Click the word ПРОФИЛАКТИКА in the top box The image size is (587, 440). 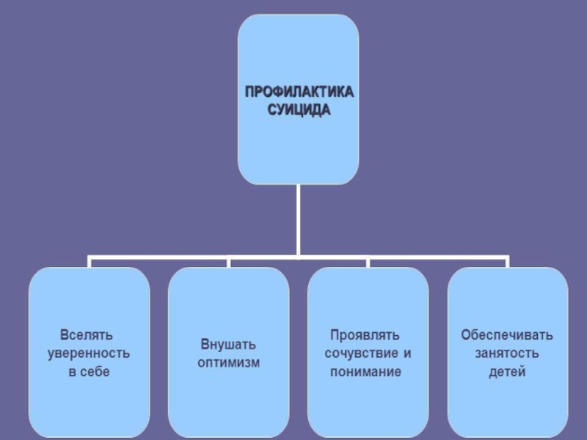(x=299, y=93)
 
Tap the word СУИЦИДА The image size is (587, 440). (x=299, y=111)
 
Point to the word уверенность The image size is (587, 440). (x=89, y=353)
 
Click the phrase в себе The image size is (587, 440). (x=89, y=371)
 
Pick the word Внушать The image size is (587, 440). (x=228, y=343)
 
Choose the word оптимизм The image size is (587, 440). (x=228, y=362)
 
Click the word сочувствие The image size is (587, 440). (x=358, y=353)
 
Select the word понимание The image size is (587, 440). (x=365, y=371)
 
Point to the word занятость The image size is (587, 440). (x=507, y=353)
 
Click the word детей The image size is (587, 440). (x=507, y=371)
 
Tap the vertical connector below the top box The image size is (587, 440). (x=299, y=220)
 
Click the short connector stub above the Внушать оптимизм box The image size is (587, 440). (x=228, y=263)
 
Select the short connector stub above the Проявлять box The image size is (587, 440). (x=368, y=263)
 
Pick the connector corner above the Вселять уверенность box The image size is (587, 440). (x=90, y=258)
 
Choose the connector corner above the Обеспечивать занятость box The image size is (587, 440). (x=507, y=258)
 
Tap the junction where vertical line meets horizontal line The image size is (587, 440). (x=299, y=257)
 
